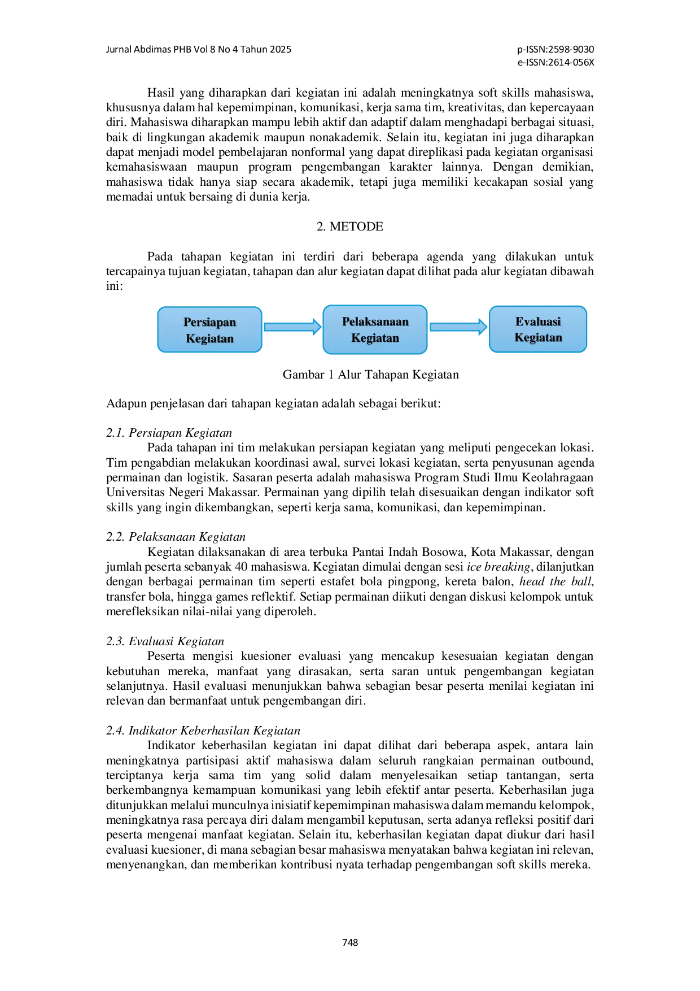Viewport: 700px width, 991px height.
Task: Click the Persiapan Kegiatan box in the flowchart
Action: point(209,330)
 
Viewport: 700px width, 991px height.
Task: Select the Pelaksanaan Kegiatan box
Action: point(375,330)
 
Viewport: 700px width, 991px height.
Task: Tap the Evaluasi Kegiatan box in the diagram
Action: point(538,329)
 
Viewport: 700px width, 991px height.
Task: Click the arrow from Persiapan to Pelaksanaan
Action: point(292,327)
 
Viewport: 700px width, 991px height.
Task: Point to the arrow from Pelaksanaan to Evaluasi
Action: point(458,327)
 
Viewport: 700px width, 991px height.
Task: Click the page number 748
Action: point(350,942)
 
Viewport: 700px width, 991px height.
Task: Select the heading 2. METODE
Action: point(350,227)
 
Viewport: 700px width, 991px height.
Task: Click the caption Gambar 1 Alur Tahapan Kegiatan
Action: point(371,375)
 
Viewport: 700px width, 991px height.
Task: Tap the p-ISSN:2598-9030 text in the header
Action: point(555,49)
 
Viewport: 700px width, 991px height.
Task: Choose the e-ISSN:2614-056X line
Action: point(556,63)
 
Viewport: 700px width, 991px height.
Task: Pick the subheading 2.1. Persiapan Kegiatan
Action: point(169,433)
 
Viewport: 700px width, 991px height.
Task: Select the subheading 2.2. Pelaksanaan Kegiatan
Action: point(176,537)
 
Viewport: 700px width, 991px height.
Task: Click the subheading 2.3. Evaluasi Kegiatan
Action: point(165,641)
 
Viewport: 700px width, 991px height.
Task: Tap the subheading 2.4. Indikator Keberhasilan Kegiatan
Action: point(203,731)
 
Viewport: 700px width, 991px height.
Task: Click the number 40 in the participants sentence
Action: point(240,567)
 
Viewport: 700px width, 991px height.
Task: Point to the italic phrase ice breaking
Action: point(498,567)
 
